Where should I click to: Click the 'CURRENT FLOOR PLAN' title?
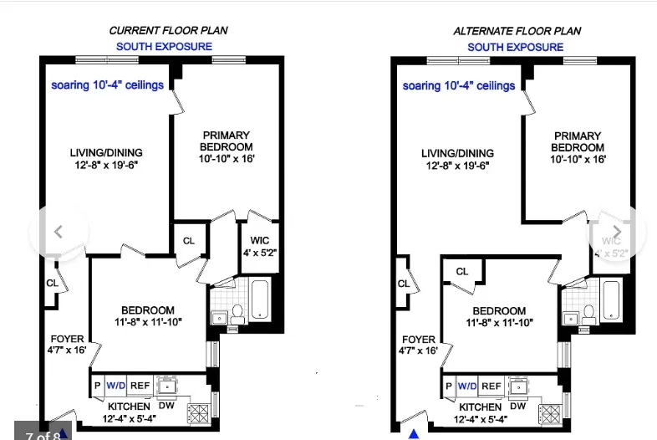[168, 31]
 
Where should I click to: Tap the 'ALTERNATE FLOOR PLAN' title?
[517, 31]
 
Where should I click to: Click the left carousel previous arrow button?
[58, 232]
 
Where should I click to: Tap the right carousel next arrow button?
[617, 232]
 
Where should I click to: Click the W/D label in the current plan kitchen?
[115, 386]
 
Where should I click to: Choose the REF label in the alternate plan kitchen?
[491, 386]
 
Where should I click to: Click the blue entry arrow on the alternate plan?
[413, 433]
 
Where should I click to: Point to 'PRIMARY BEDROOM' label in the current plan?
[226, 141]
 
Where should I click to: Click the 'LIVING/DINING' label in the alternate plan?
[457, 153]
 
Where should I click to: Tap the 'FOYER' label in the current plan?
[65, 339]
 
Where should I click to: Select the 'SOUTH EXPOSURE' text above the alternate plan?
[515, 47]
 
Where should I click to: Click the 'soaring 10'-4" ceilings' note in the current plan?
[107, 85]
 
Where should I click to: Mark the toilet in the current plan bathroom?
[237, 313]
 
